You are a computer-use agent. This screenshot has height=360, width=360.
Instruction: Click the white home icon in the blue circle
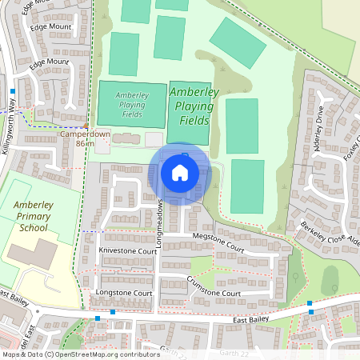pos(180,173)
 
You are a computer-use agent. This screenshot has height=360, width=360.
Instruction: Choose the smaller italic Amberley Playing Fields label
pos(130,104)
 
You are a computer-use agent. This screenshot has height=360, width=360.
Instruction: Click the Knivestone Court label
pos(126,250)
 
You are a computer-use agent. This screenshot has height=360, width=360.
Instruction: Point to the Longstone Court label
pos(124,294)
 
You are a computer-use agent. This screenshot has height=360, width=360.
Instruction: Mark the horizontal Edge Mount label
pos(50,26)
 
